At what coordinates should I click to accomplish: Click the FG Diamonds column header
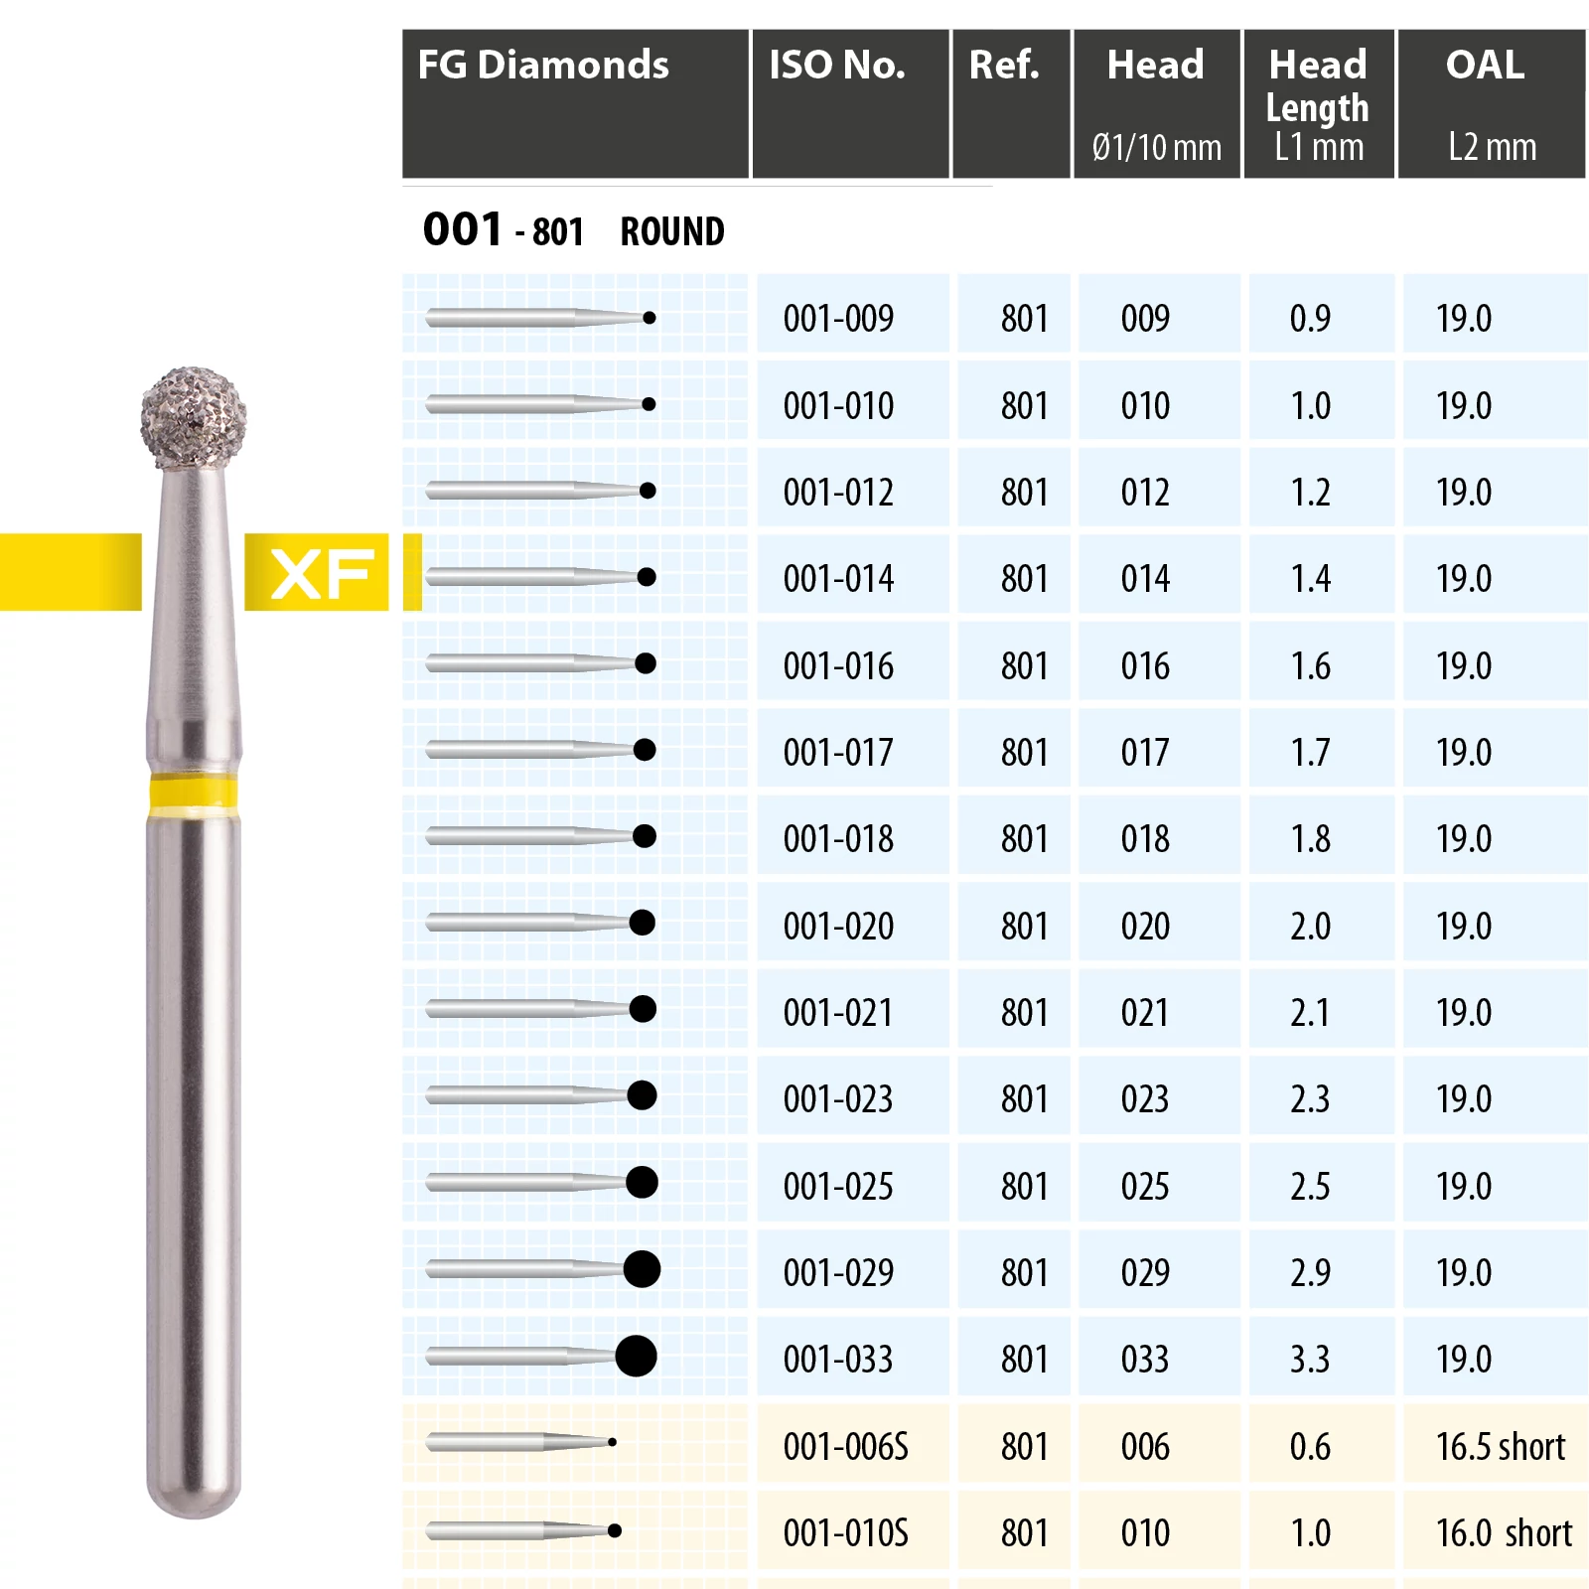[x=543, y=66]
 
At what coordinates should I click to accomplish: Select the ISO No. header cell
[x=837, y=66]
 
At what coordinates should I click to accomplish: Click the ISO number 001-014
[x=838, y=579]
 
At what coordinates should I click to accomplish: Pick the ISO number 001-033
[x=838, y=1360]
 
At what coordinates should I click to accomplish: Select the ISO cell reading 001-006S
[x=846, y=1447]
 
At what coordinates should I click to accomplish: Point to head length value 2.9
[x=1310, y=1273]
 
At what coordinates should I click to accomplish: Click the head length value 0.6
[x=1310, y=1447]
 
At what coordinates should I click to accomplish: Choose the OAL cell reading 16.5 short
[x=1501, y=1447]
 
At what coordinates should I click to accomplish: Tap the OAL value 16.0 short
[x=1504, y=1533]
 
